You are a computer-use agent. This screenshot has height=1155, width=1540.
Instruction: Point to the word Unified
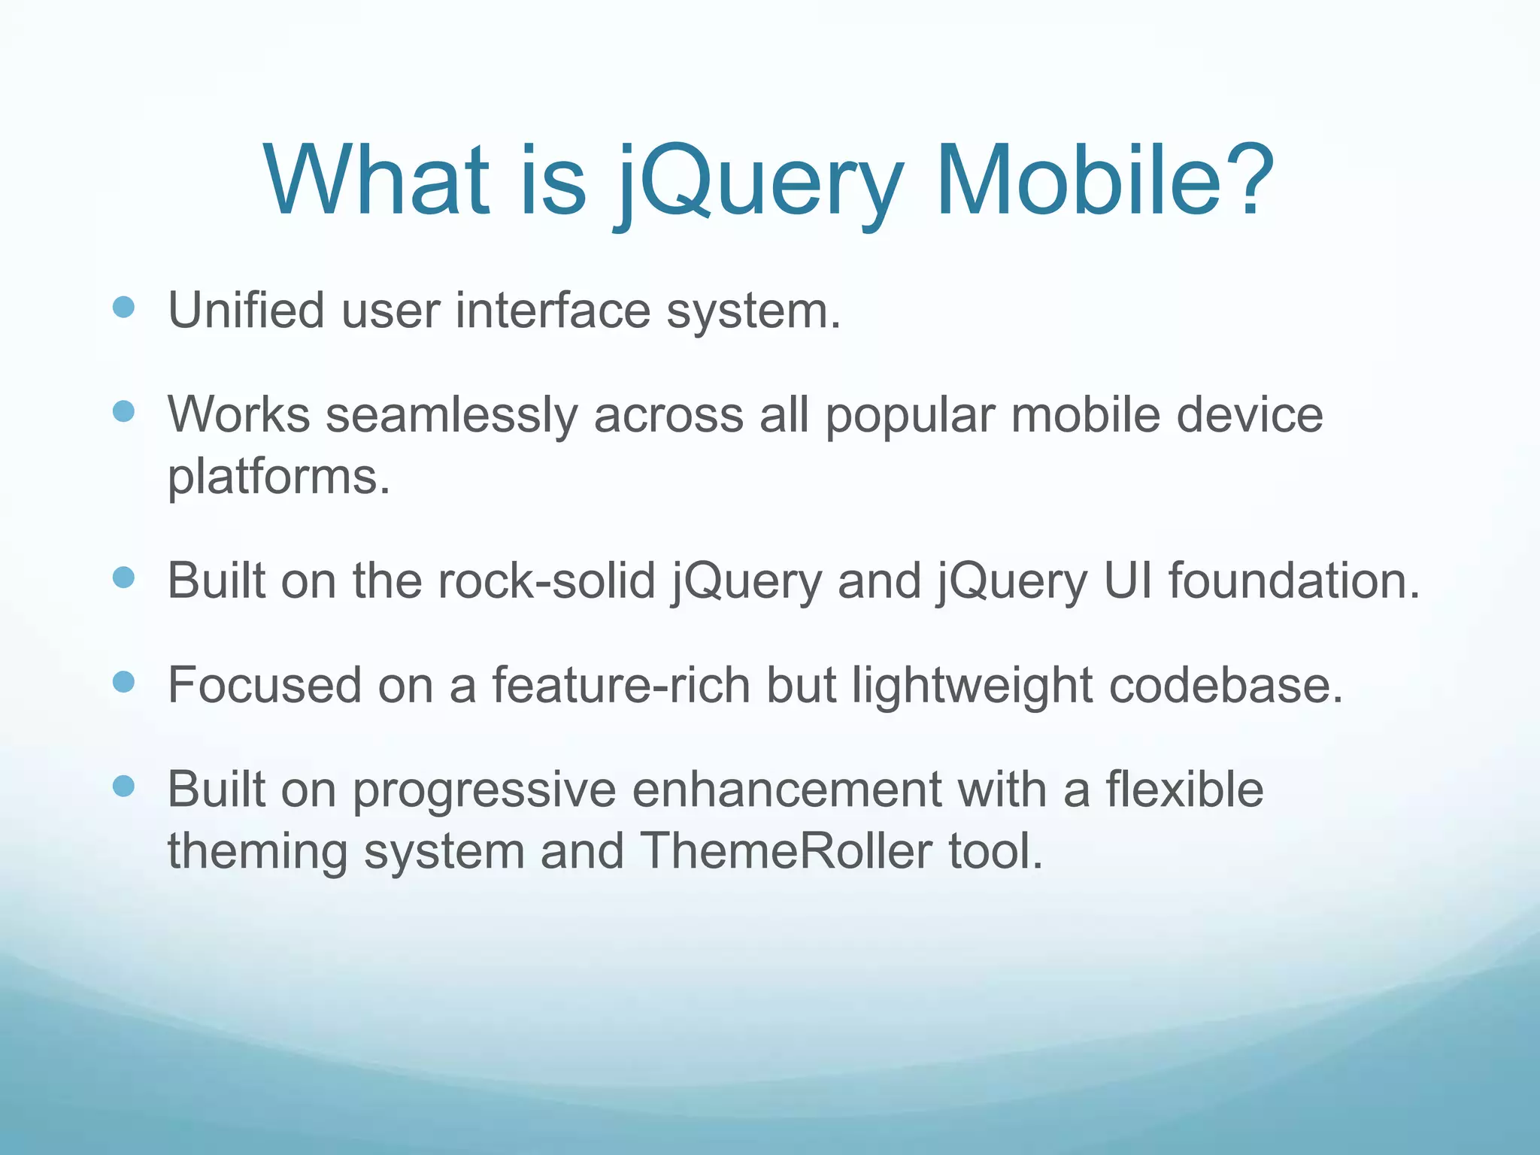(246, 310)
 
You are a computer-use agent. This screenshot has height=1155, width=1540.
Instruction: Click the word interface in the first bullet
(553, 310)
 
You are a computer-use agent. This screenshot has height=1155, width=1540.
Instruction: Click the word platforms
(278, 477)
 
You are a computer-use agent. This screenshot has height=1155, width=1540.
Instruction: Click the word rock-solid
(547, 581)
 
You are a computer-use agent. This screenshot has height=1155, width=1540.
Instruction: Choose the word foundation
(1293, 581)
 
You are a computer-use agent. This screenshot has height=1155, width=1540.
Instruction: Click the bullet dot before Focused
(123, 681)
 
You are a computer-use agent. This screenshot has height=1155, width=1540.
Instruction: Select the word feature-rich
(621, 685)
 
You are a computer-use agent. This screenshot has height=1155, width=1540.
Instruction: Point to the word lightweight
(972, 687)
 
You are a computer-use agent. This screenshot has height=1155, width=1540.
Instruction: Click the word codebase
(1225, 685)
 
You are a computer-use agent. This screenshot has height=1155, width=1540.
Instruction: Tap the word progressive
(484, 791)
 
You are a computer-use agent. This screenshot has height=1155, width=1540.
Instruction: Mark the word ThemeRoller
(786, 851)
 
